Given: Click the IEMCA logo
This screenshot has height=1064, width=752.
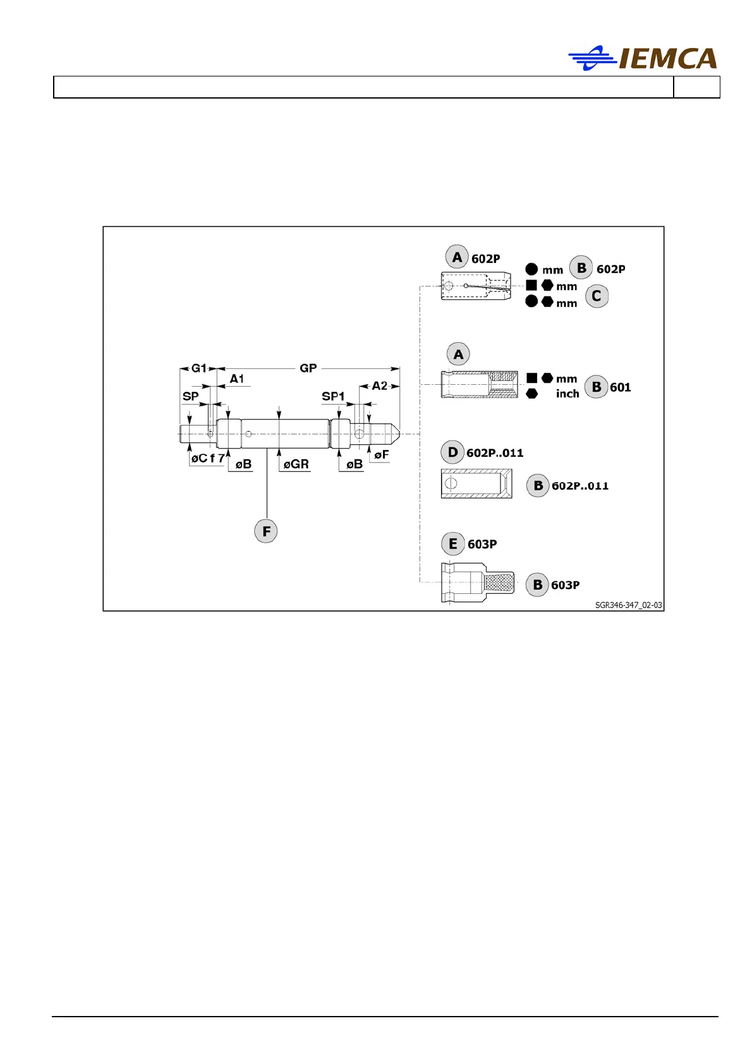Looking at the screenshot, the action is (643, 58).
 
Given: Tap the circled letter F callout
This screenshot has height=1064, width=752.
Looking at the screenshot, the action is (266, 531).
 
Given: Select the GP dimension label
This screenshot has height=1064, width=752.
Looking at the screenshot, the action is (308, 368).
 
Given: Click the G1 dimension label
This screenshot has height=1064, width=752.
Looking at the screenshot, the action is (199, 368).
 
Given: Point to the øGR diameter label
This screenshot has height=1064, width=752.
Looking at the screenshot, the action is (296, 464).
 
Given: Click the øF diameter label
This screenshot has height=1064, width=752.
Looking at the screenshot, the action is (381, 454).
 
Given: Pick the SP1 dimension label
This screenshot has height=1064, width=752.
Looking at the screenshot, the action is (333, 397).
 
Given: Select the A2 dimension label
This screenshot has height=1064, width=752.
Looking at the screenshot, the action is (379, 386).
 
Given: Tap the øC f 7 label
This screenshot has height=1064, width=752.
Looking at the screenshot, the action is (208, 459).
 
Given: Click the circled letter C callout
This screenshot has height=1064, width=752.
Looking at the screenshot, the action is (596, 296).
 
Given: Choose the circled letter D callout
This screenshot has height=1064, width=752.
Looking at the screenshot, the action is (452, 452).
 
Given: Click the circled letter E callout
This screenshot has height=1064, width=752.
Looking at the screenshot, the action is (452, 544).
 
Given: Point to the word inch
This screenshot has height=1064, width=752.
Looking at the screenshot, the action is (567, 394).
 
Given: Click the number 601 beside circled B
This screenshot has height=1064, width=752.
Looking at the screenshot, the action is (620, 387).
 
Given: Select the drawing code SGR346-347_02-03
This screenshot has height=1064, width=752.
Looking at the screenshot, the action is (628, 605).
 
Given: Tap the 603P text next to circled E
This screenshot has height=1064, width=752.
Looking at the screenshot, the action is (482, 544).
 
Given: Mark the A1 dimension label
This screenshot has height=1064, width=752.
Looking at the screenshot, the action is (237, 379).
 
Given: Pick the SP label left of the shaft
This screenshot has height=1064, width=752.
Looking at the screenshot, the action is (190, 397).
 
